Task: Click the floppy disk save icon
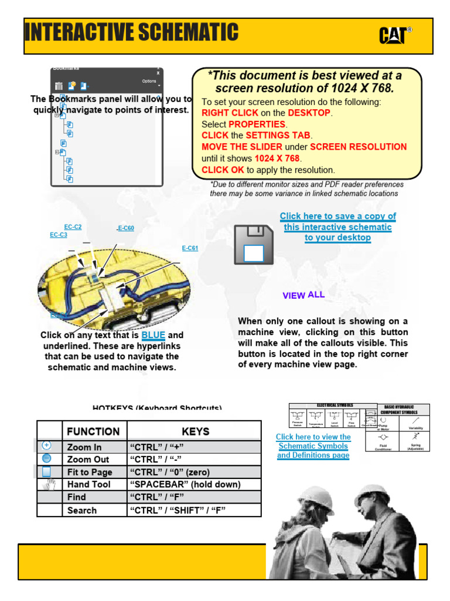click(253, 244)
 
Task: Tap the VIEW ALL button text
click(304, 295)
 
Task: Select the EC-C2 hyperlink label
click(73, 227)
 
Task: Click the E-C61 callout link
click(190, 248)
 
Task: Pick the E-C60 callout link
click(125, 228)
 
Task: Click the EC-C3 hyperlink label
click(58, 235)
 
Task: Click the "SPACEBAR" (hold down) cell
click(185, 485)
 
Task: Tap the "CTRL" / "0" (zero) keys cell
click(169, 472)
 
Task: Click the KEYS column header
click(195, 431)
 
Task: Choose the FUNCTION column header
click(93, 431)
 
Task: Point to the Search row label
click(82, 511)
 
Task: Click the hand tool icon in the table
click(50, 484)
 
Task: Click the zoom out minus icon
click(47, 459)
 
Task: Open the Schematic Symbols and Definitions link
click(313, 446)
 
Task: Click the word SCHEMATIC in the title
click(185, 33)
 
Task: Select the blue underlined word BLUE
click(153, 335)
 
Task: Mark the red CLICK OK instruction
click(223, 170)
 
